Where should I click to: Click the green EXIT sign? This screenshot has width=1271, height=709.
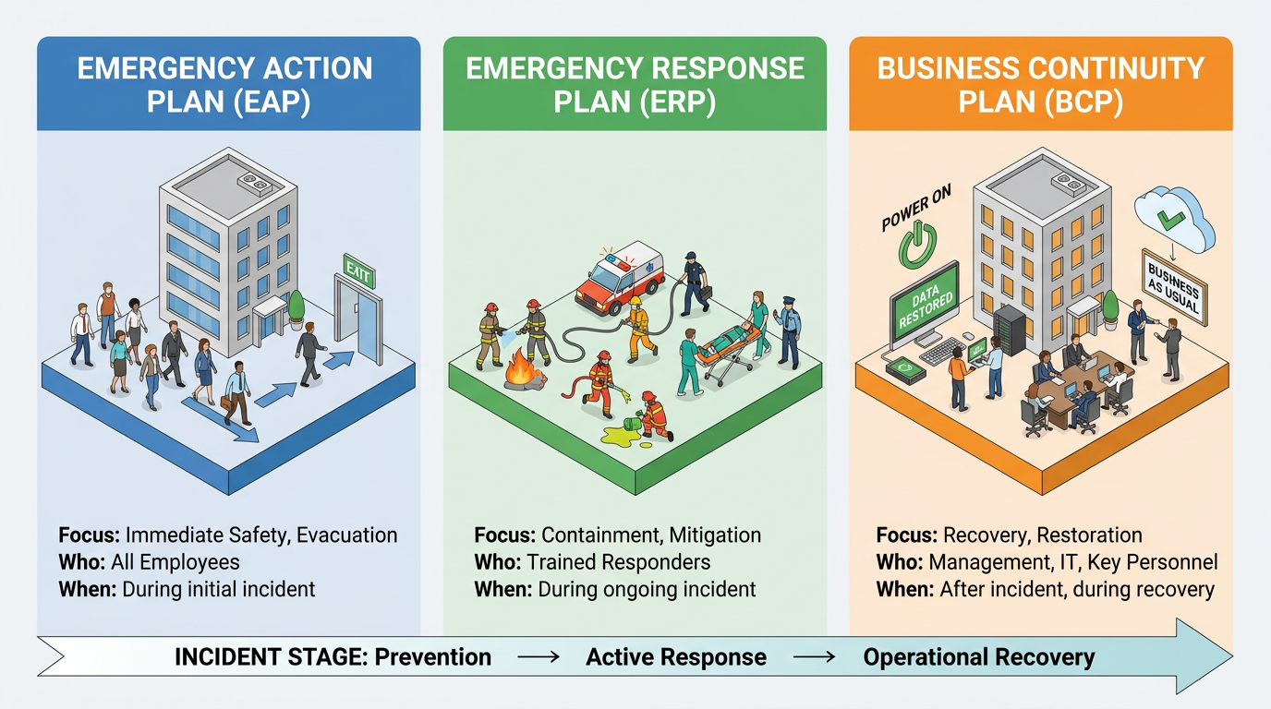[358, 271]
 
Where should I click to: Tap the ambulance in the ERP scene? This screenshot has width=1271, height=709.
[620, 278]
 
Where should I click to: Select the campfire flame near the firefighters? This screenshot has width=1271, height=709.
[520, 368]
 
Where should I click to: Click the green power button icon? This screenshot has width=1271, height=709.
[917, 245]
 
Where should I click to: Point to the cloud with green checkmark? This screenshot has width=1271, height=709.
[1174, 220]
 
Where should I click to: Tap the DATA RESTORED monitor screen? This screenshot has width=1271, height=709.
[926, 305]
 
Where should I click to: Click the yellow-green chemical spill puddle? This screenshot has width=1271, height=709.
[623, 436]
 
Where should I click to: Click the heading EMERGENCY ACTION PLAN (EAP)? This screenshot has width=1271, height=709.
[225, 85]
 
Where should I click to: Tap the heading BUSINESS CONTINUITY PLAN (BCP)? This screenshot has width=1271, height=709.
[1041, 85]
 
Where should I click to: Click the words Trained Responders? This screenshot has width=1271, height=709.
[619, 562]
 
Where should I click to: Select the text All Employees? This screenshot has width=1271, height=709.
[176, 562]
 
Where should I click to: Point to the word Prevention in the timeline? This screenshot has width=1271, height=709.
[433, 656]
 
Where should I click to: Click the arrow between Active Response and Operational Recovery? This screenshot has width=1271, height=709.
[815, 657]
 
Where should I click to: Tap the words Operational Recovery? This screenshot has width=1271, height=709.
[979, 657]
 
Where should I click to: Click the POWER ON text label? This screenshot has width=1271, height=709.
[915, 208]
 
